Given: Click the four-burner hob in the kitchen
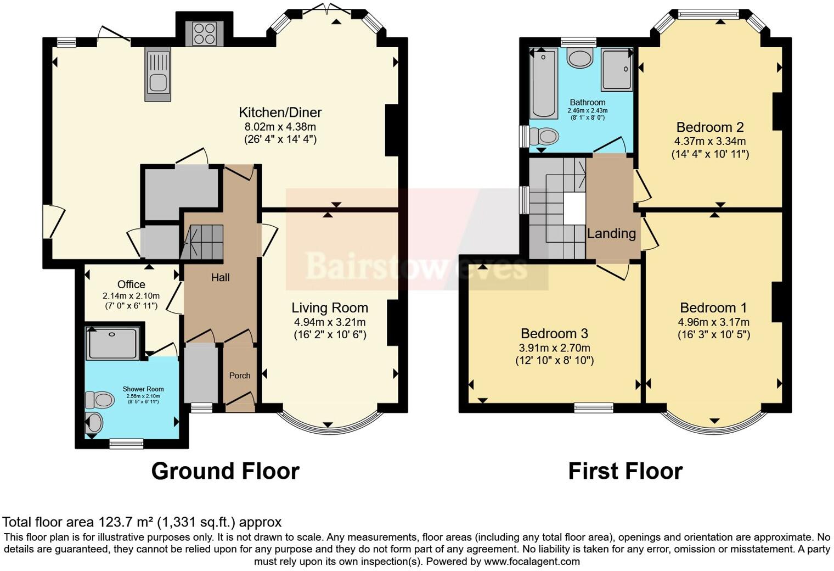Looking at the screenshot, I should click(204, 33).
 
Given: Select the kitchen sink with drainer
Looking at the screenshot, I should click(157, 75).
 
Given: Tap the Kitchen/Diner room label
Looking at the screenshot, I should click(280, 113).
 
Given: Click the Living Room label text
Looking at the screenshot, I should click(329, 308).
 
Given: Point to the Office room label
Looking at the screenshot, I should click(131, 284).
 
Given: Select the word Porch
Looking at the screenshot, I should click(240, 376).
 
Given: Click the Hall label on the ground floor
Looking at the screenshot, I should click(220, 278).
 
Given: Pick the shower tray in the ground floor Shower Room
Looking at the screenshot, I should click(113, 343).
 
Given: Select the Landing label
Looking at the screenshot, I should click(611, 233).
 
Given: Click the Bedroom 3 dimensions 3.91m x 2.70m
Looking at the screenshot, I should click(554, 348).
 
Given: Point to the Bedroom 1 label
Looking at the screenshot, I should click(713, 307).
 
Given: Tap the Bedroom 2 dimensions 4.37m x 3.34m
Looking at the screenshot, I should click(710, 141).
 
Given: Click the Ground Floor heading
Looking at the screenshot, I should click(225, 471).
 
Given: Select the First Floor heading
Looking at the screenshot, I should click(625, 471).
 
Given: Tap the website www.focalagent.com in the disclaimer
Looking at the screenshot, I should click(532, 561).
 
